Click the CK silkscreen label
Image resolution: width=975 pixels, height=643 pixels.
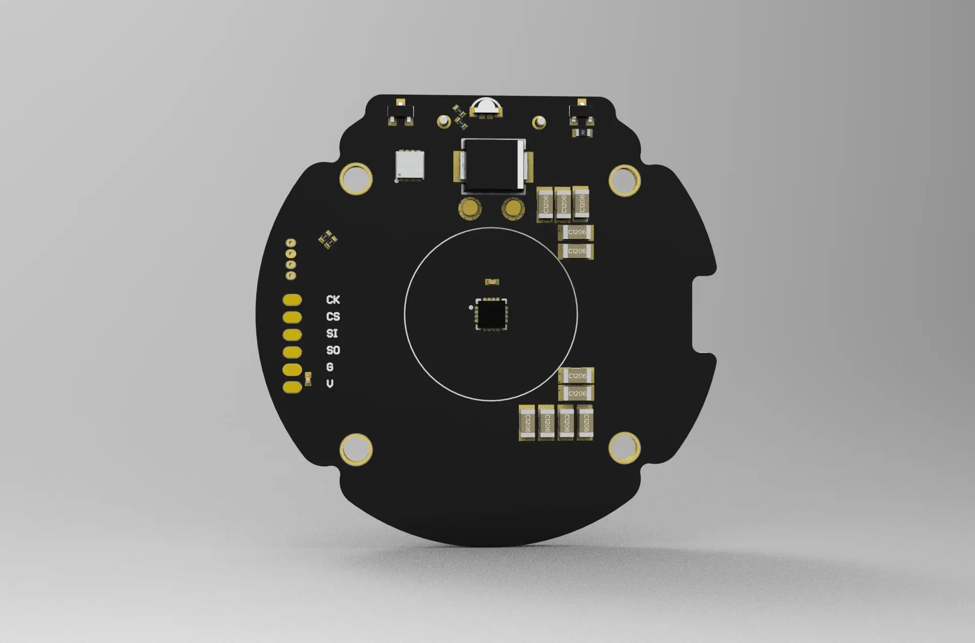pyautogui.click(x=333, y=300)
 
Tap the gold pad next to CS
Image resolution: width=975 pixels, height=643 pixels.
pyautogui.click(x=292, y=317)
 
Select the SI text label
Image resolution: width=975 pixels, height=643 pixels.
pyautogui.click(x=332, y=333)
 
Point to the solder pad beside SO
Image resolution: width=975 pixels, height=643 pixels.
pyautogui.click(x=292, y=352)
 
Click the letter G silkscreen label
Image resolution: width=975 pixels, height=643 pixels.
pyautogui.click(x=330, y=367)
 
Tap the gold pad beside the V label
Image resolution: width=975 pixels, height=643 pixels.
pyautogui.click(x=292, y=387)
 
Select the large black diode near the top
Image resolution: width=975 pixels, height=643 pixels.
pyautogui.click(x=492, y=165)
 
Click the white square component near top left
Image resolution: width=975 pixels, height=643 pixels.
pyautogui.click(x=409, y=166)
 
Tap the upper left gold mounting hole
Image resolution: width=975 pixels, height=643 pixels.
pyautogui.click(x=356, y=179)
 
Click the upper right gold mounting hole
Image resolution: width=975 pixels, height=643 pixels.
pyautogui.click(x=625, y=180)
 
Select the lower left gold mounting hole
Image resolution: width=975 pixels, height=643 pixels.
pyautogui.click(x=356, y=449)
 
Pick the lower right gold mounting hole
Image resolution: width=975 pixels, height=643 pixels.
pyautogui.click(x=624, y=447)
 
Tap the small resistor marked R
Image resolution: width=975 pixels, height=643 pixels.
pyautogui.click(x=583, y=133)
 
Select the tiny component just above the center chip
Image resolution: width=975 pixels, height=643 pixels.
pyautogui.click(x=492, y=282)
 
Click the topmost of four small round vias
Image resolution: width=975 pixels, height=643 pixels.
pyautogui.click(x=291, y=243)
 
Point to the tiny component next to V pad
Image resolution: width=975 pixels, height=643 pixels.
pyautogui.click(x=308, y=379)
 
